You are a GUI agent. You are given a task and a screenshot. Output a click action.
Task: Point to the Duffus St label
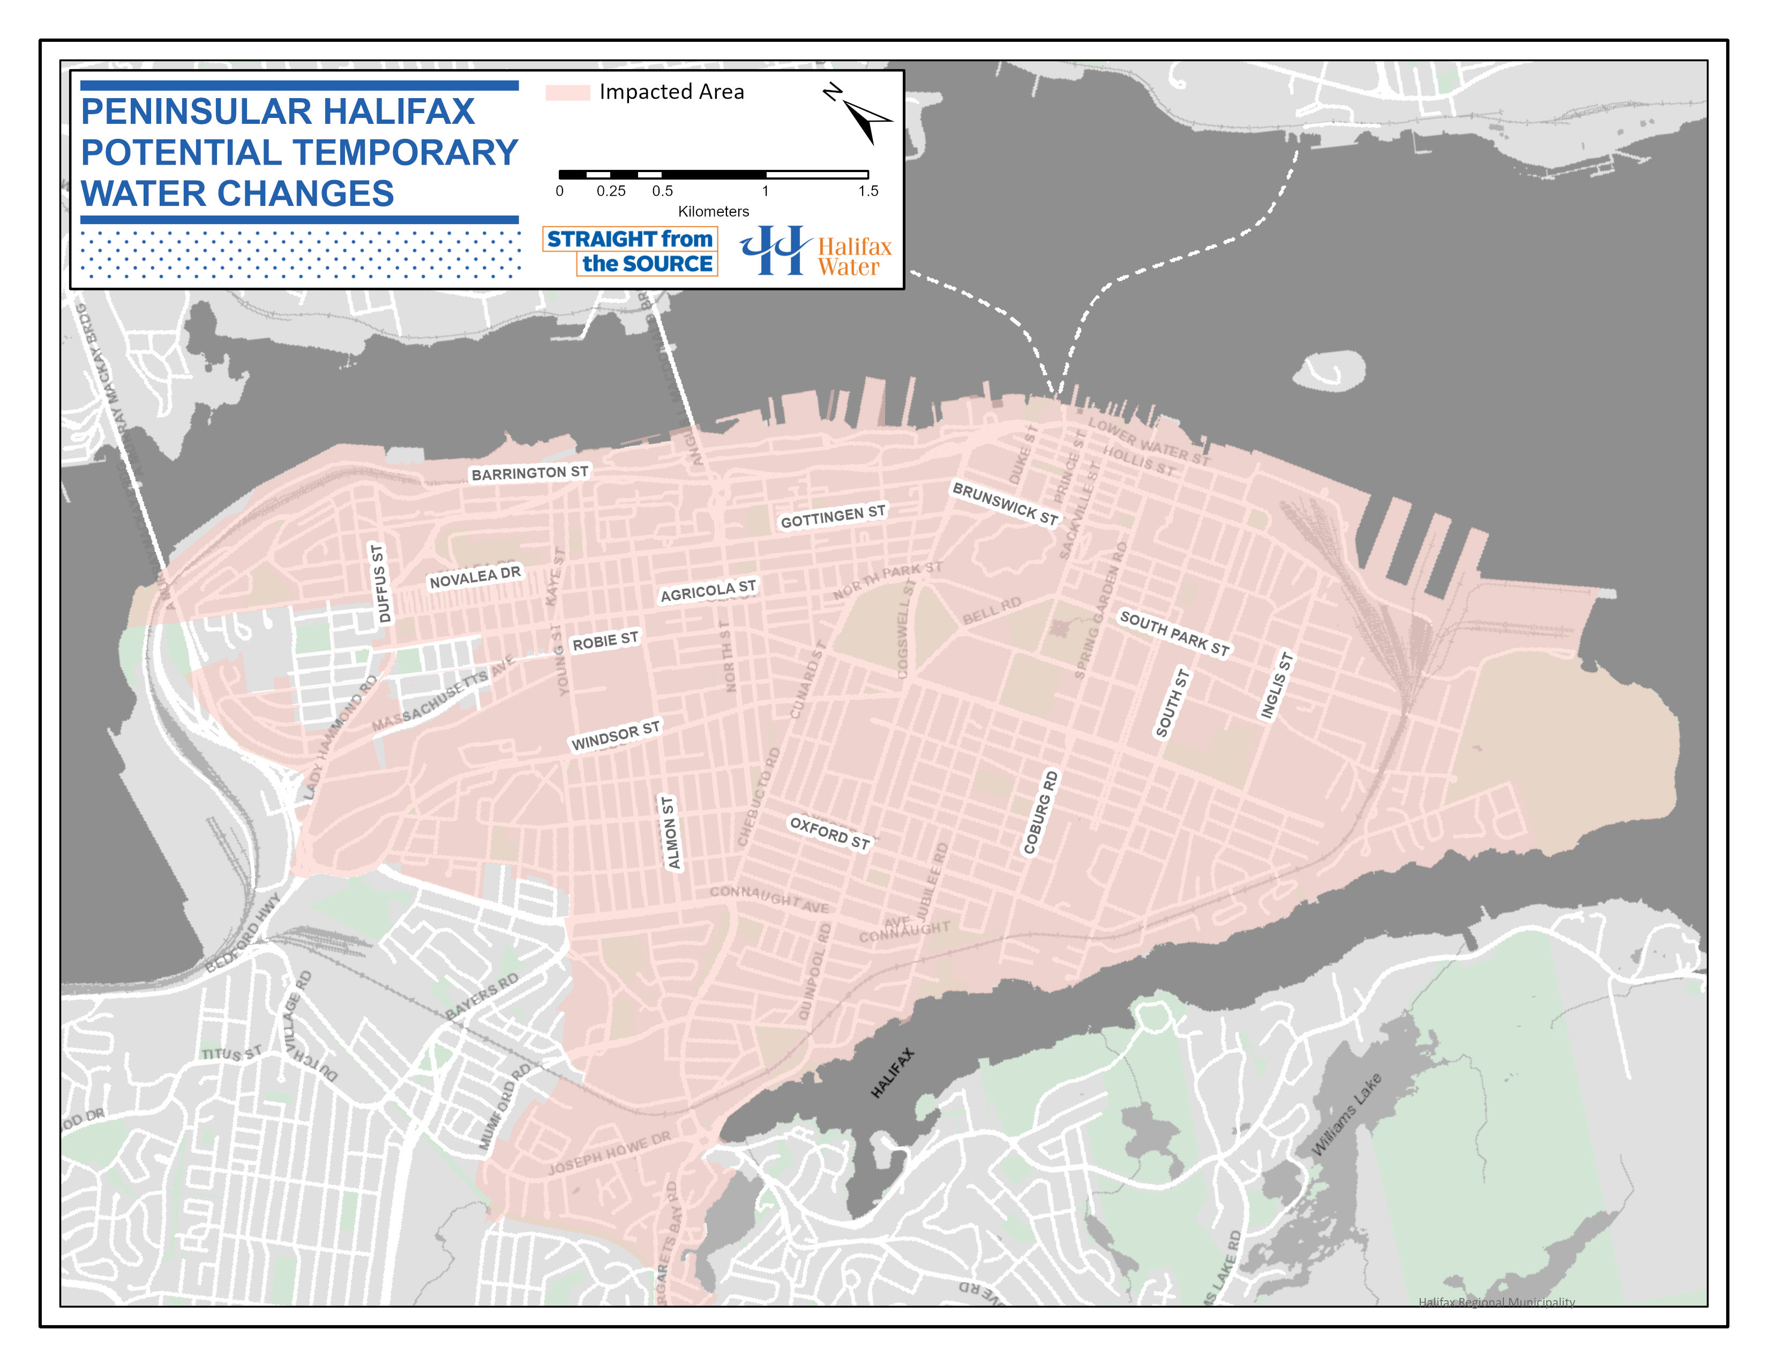pos(380,583)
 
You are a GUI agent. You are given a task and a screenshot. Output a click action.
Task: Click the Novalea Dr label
pos(475,577)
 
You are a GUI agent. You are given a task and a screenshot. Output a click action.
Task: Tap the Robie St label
pos(605,641)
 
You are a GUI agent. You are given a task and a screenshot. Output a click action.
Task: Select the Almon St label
pos(670,833)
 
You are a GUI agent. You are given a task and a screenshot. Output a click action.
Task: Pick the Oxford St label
pos(830,833)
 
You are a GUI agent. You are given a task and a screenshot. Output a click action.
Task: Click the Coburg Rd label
pos(1040,812)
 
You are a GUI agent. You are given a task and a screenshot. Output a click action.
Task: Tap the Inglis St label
pos(1277,685)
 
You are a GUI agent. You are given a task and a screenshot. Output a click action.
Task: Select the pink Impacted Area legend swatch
pos(567,92)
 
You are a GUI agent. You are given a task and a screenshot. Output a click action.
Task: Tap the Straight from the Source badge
pos(630,251)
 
